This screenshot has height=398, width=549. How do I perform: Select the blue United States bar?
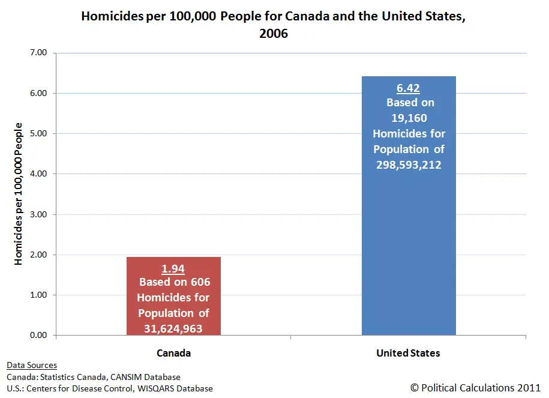pos(409,240)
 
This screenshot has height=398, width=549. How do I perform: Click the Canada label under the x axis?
pos(174,353)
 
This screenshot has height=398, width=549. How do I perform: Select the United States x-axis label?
pos(408,353)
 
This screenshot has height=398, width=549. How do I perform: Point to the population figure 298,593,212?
pos(409,164)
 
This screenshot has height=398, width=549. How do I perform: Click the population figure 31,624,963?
pos(173,328)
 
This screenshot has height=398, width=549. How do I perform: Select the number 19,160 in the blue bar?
pos(409,118)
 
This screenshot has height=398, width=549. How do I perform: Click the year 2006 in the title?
pos(274,34)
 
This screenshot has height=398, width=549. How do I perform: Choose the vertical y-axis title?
pos(19,193)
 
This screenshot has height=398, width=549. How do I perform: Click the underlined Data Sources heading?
pos(32,365)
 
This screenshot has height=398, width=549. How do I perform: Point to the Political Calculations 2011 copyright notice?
pos(475,388)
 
